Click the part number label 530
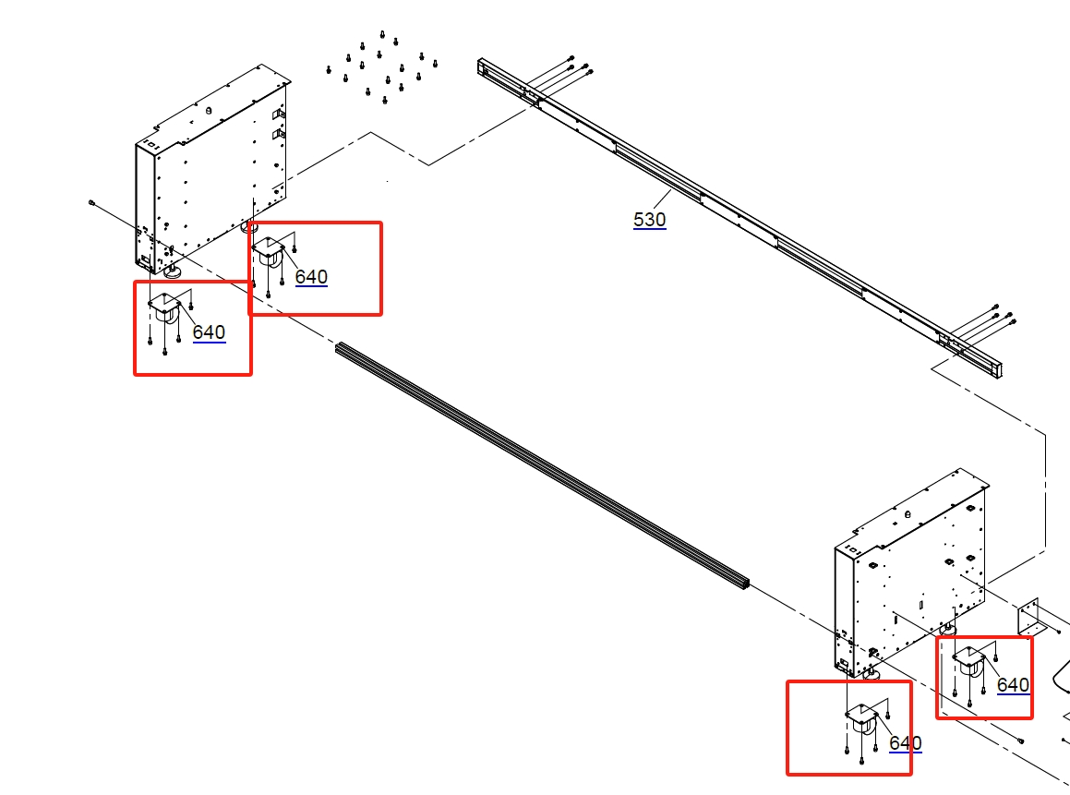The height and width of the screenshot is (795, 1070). [x=649, y=220]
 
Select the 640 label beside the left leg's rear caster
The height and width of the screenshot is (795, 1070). [x=311, y=277]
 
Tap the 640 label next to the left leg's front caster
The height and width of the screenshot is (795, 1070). [x=209, y=332]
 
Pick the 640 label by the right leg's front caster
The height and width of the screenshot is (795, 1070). [x=905, y=743]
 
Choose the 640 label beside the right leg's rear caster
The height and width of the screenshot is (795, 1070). [x=1013, y=685]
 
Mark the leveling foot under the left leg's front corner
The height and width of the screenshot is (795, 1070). [x=172, y=271]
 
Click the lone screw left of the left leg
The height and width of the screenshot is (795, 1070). [x=91, y=201]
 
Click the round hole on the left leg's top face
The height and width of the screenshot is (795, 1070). [x=209, y=111]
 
